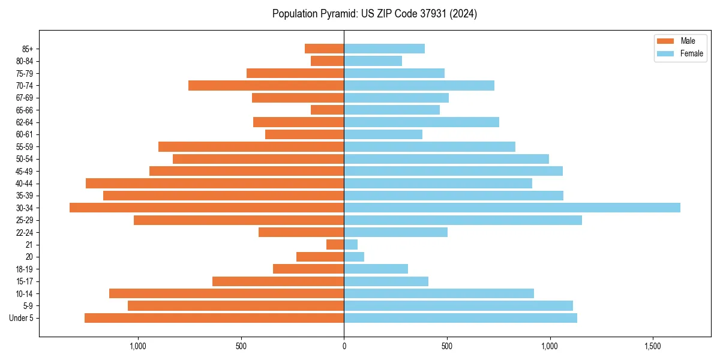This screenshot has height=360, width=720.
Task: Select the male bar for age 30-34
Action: point(206,208)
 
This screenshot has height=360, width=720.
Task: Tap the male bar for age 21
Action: point(335,245)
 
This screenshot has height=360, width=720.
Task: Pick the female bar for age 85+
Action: point(384,49)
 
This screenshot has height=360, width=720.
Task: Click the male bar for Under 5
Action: point(214,318)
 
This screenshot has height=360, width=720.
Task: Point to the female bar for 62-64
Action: point(421,122)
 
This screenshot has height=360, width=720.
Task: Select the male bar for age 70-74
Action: point(266,86)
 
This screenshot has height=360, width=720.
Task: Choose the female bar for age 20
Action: point(354,257)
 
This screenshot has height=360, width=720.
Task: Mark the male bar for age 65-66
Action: point(327,110)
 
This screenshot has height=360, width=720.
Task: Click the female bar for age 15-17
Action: point(386,281)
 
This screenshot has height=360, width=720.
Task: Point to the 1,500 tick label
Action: point(652,347)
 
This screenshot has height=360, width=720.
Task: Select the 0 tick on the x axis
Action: point(344,347)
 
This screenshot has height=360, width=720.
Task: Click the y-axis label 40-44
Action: point(25,184)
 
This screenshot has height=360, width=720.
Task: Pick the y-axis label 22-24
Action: point(25,233)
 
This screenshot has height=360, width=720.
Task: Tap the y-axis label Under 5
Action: point(22,318)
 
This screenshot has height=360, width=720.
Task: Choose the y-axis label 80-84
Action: point(25,61)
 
